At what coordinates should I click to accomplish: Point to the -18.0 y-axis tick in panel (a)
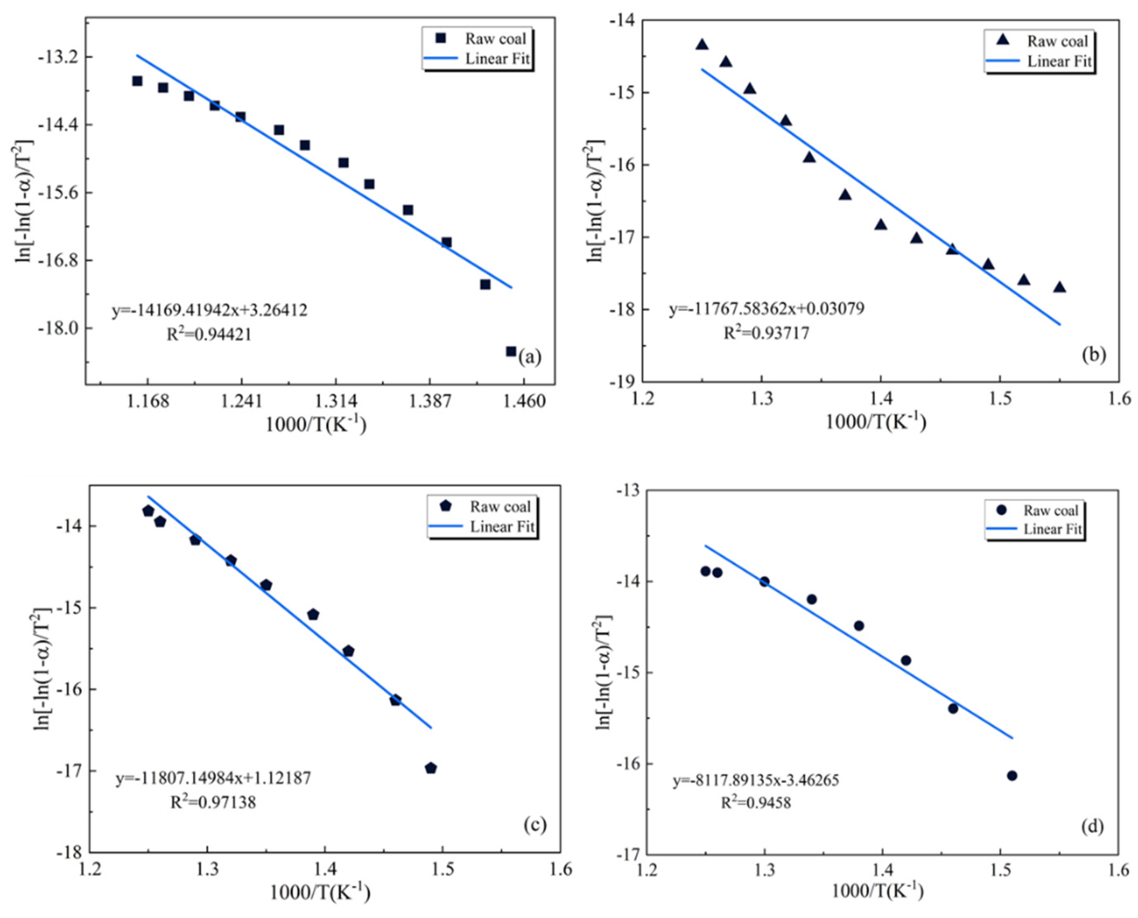tap(58, 328)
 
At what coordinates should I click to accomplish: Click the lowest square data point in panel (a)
tap(511, 351)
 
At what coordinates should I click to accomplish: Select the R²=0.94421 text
tap(210, 334)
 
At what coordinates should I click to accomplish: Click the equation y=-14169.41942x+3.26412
tap(210, 310)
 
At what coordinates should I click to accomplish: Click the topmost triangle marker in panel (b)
tap(702, 44)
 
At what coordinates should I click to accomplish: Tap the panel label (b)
tap(1094, 354)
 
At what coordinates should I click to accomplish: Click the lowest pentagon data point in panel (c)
tap(431, 768)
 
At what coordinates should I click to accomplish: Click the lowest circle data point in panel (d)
tap(1012, 775)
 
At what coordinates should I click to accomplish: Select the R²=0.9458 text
tap(756, 803)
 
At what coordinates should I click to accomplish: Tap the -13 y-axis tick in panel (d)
tap(625, 491)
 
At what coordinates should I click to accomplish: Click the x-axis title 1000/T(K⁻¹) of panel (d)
tap(878, 891)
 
